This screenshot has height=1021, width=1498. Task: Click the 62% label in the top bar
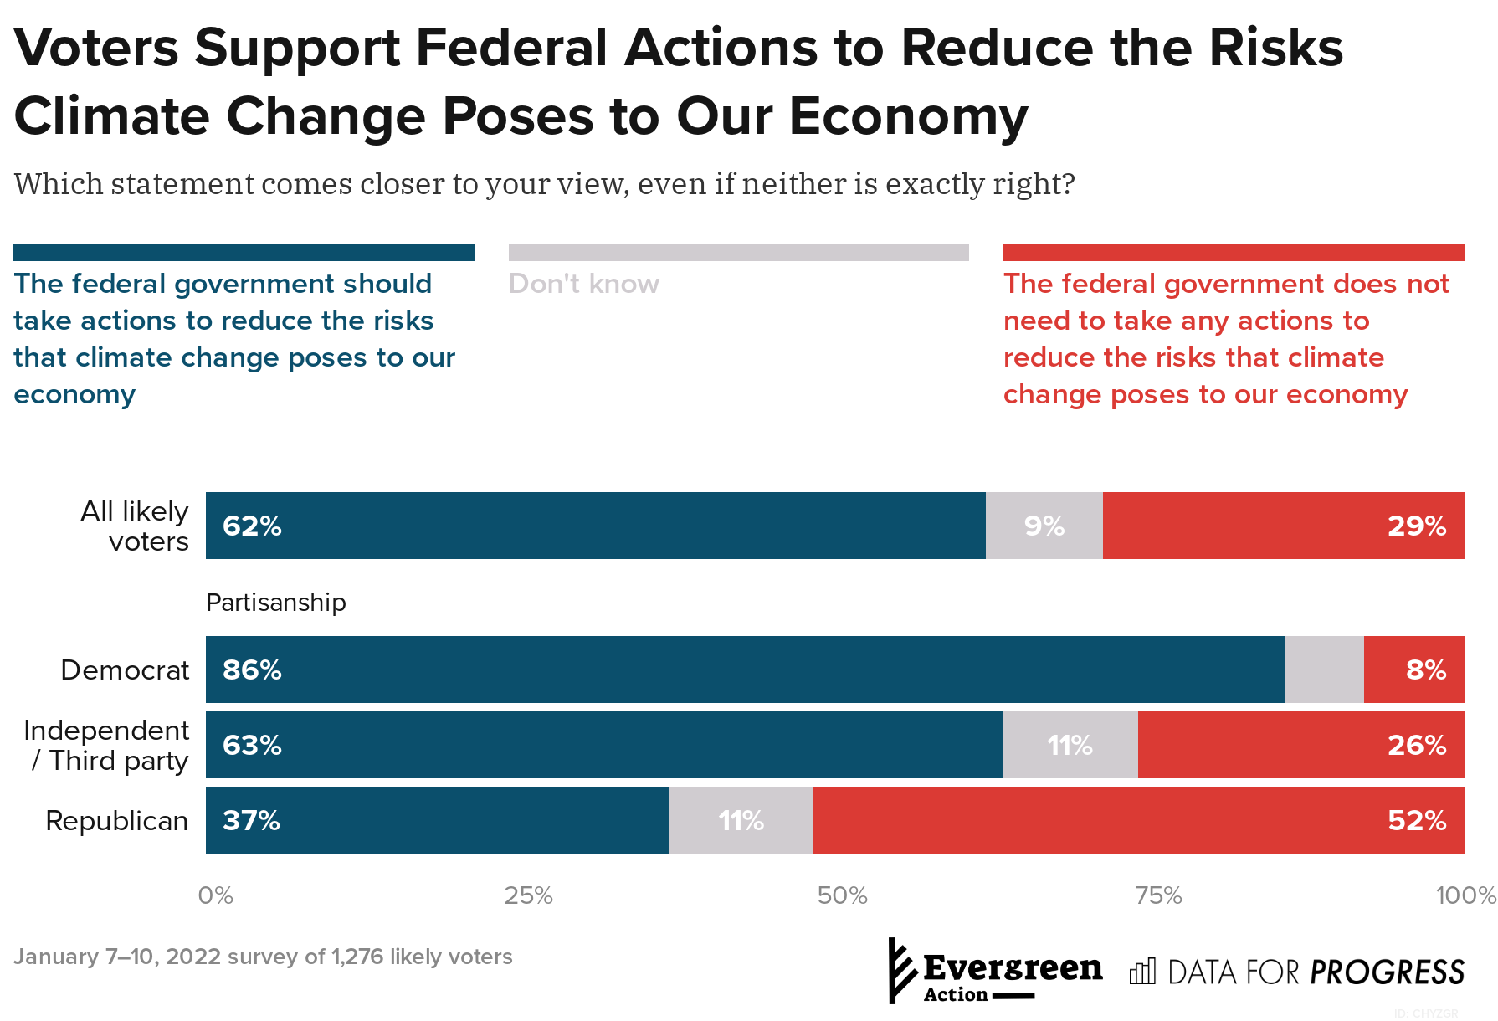click(x=252, y=526)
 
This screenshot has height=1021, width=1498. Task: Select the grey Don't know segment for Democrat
click(x=1324, y=670)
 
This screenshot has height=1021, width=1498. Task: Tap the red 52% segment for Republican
click(x=1138, y=820)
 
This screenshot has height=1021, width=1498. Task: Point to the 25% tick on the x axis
click(x=528, y=896)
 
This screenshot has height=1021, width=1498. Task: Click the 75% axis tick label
click(x=1158, y=896)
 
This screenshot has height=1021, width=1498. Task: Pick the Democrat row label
click(x=125, y=670)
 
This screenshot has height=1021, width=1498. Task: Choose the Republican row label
click(x=116, y=821)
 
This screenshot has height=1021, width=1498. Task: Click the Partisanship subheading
click(x=275, y=603)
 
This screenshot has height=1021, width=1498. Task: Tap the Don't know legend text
click(x=583, y=284)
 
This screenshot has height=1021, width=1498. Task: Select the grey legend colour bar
click(x=738, y=253)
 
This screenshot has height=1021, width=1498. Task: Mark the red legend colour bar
click(x=1233, y=253)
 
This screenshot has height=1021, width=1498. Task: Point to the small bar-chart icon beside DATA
click(x=1142, y=972)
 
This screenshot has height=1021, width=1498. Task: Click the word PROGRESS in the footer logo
click(x=1387, y=972)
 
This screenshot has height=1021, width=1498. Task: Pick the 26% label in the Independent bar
click(x=1416, y=745)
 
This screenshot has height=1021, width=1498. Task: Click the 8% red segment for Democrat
click(x=1413, y=670)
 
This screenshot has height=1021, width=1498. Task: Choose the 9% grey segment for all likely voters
click(x=1044, y=526)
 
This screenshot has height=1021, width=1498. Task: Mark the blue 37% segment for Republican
click(x=437, y=820)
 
